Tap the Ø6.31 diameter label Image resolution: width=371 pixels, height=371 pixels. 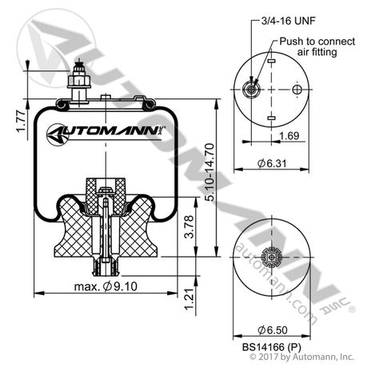pos(274,162)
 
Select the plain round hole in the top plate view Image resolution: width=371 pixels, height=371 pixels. pos(297,90)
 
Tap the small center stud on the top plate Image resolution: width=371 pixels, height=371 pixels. pos(106,97)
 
